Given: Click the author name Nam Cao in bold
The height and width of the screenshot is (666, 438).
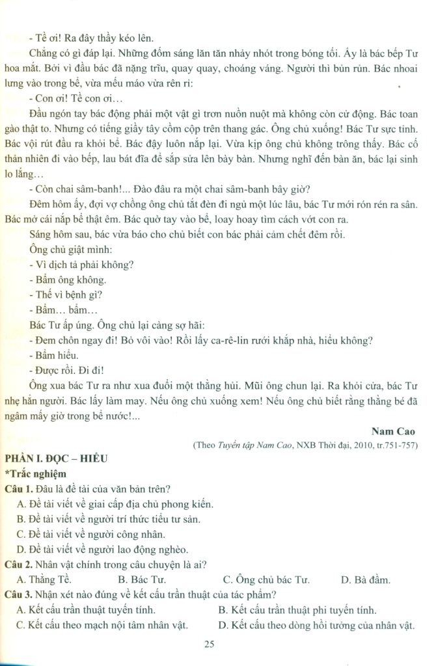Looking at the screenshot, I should click(392, 431).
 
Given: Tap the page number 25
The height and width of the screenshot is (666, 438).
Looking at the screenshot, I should click(209, 645).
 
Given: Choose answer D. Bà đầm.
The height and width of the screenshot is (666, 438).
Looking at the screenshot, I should click(365, 579).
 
